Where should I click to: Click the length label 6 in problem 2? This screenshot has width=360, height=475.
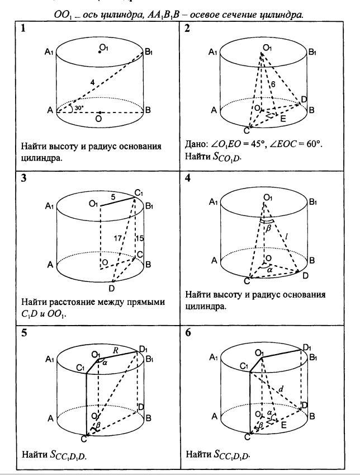[x=273, y=83]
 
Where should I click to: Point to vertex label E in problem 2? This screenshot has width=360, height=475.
[x=282, y=119]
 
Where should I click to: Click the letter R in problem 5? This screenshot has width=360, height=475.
[x=116, y=351]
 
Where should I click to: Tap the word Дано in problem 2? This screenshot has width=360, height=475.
[x=195, y=145]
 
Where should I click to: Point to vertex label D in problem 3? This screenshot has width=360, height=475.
[x=112, y=288]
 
